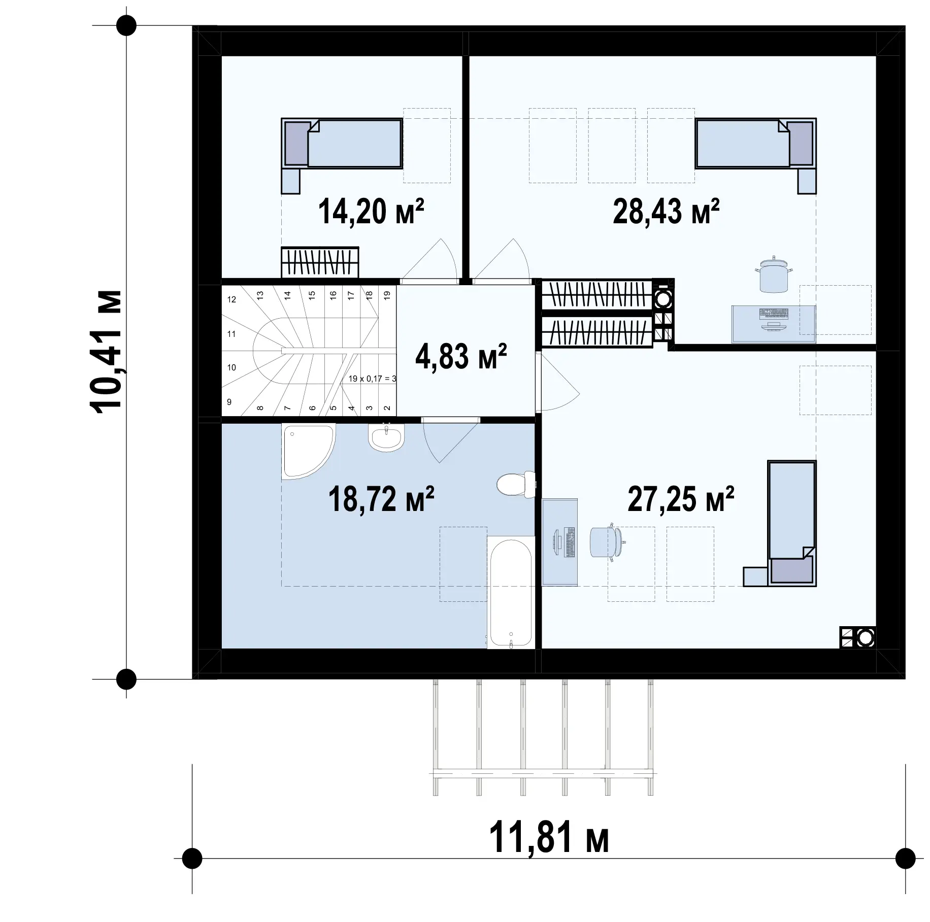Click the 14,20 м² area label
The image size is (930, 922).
371,212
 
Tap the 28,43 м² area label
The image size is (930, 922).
666,212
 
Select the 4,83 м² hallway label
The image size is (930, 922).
461,356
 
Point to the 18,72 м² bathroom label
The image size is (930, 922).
381,499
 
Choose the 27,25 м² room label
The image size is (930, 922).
681,499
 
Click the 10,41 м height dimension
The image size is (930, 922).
106,350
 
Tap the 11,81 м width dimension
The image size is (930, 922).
549,839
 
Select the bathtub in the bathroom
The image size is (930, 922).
511,592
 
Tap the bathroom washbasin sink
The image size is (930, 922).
386,437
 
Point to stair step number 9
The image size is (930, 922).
229,402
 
